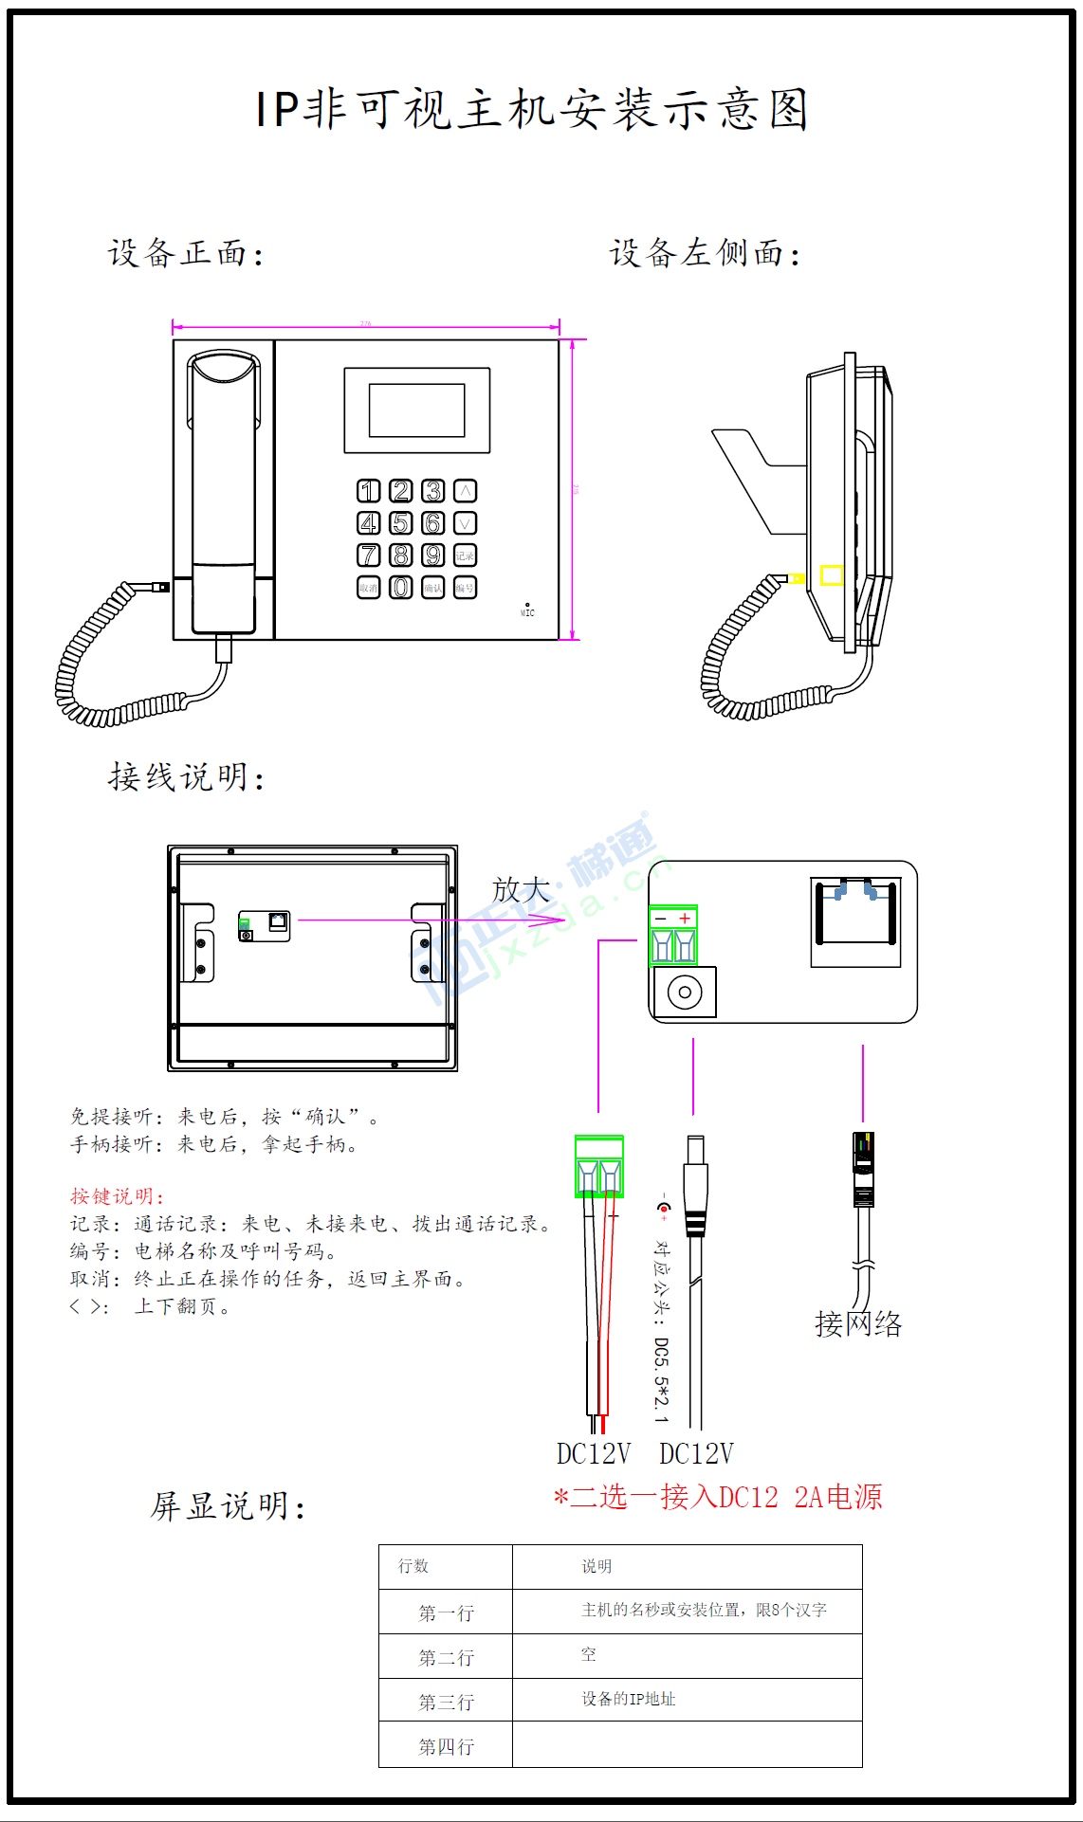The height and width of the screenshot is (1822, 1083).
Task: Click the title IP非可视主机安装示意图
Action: point(531,109)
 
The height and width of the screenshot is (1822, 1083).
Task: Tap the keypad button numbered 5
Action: point(401,523)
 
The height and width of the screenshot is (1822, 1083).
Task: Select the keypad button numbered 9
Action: point(433,556)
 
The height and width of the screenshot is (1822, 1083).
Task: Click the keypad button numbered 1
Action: point(369,491)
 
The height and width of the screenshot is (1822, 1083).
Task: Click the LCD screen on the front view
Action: point(417,410)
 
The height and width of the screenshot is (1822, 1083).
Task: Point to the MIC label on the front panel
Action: point(527,612)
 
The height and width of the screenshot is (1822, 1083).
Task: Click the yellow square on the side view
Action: point(832,575)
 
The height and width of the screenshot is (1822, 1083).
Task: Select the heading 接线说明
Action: point(186,777)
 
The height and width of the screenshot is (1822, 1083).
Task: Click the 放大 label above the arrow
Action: point(521,889)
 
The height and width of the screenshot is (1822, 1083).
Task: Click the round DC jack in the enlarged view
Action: point(685,993)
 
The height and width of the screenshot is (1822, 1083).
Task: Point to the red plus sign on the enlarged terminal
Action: point(685,919)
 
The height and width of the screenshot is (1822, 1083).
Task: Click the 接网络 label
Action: point(858,1323)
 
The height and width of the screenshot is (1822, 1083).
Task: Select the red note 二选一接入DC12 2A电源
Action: point(718,1497)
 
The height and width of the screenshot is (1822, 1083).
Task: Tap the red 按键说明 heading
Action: point(117,1196)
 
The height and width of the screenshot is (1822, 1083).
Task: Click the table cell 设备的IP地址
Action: point(628,1699)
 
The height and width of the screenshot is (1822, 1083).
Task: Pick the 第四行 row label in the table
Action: point(446,1746)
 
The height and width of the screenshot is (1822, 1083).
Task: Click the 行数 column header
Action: point(413,1566)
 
